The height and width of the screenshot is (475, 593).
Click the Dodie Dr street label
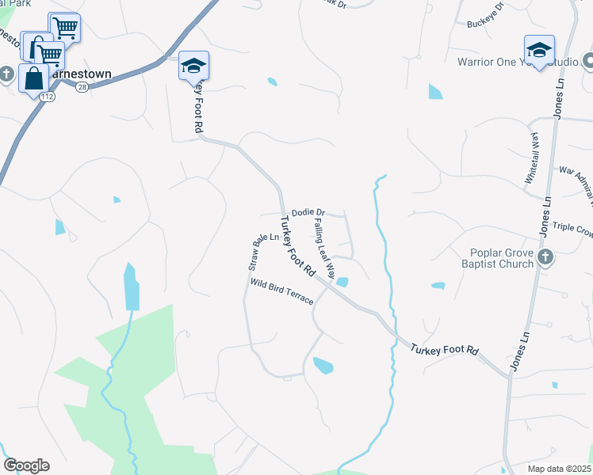[x=308, y=213]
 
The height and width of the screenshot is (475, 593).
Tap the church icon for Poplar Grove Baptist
[x=545, y=256]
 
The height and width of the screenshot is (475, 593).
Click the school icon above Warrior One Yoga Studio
[x=539, y=50]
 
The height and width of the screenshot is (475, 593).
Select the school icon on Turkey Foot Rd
[x=193, y=66]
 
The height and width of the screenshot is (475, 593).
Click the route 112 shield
[x=48, y=97]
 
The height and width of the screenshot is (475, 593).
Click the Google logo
[x=26, y=465]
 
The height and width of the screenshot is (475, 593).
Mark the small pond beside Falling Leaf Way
[x=342, y=282]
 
